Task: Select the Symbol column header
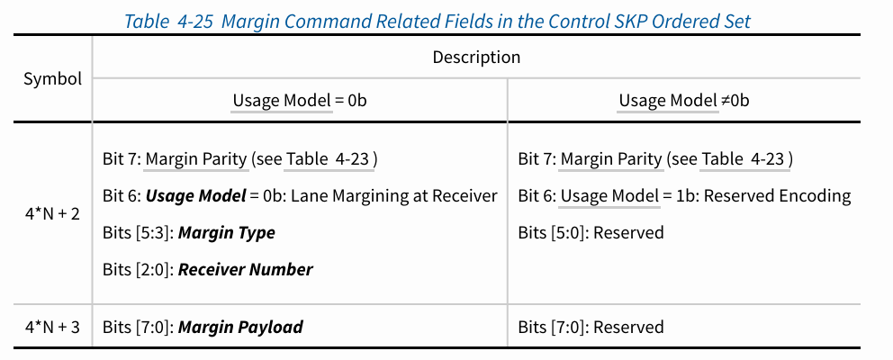click(x=52, y=78)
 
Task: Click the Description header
click(x=476, y=57)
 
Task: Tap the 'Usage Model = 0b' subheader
click(x=299, y=100)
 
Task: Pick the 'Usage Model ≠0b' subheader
click(x=683, y=100)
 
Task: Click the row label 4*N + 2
click(x=52, y=213)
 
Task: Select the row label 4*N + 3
click(x=52, y=327)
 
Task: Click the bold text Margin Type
click(x=226, y=232)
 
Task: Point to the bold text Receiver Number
click(x=245, y=269)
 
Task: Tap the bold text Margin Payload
click(x=240, y=327)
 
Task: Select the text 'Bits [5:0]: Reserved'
click(x=591, y=232)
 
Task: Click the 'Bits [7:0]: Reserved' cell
click(x=591, y=327)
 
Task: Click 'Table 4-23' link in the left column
click(x=329, y=159)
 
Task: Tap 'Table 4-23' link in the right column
click(x=745, y=159)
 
